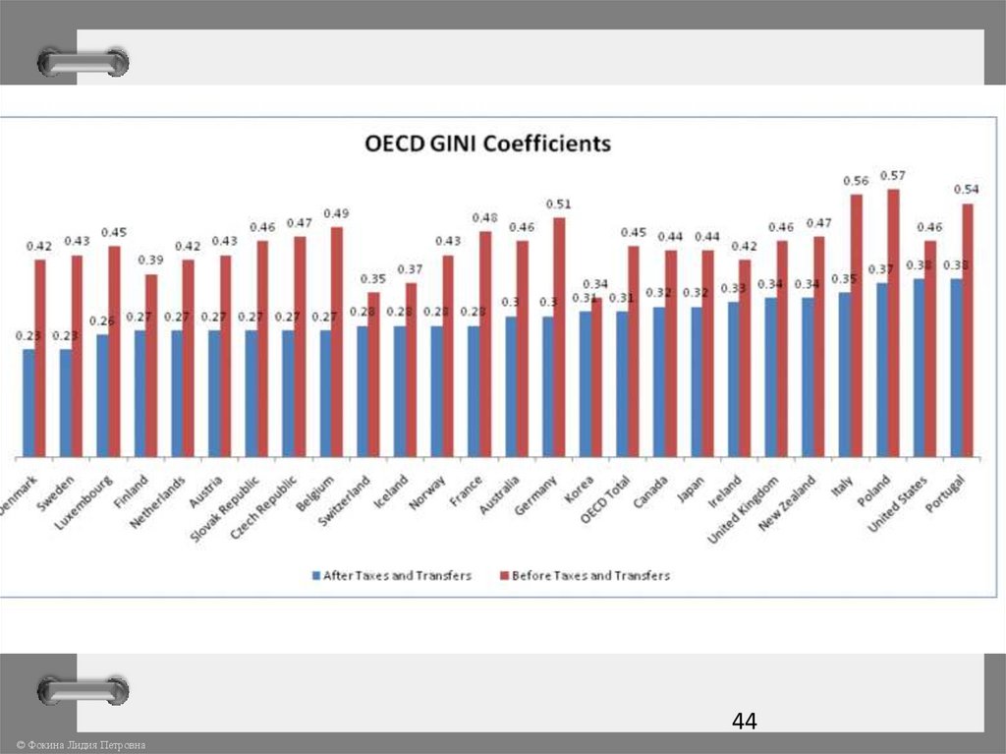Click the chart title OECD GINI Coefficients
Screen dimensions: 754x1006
pyautogui.click(x=488, y=144)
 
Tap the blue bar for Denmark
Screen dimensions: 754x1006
pyautogui.click(x=28, y=402)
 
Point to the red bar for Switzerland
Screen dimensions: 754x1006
pyautogui.click(x=373, y=374)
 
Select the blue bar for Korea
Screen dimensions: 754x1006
pyautogui.click(x=585, y=383)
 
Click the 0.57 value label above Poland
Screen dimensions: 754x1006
pyautogui.click(x=893, y=175)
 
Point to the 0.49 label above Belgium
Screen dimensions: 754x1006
pyautogui.click(x=337, y=213)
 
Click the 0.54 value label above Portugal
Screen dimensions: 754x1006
pyautogui.click(x=968, y=189)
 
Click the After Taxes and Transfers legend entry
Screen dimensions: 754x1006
pyautogui.click(x=392, y=575)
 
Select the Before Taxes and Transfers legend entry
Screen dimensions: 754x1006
pyautogui.click(x=586, y=575)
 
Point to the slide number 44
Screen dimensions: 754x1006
pyautogui.click(x=744, y=722)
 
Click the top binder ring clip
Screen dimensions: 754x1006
pyautogui.click(x=84, y=62)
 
